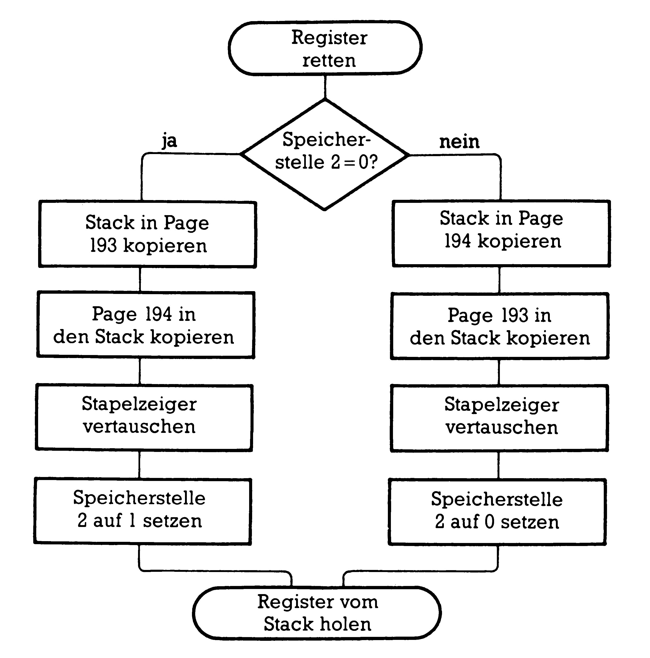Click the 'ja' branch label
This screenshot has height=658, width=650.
click(169, 140)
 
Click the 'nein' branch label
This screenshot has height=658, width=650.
click(459, 142)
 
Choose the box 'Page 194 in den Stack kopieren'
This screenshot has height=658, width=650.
click(146, 325)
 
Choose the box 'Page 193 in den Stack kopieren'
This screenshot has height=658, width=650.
click(499, 326)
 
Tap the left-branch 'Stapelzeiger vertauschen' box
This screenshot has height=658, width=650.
click(144, 418)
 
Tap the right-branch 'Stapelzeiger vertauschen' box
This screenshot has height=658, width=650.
click(499, 418)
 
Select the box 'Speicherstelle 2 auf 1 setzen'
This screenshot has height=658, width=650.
click(142, 511)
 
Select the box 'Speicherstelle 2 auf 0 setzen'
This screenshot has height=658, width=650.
click(497, 512)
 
